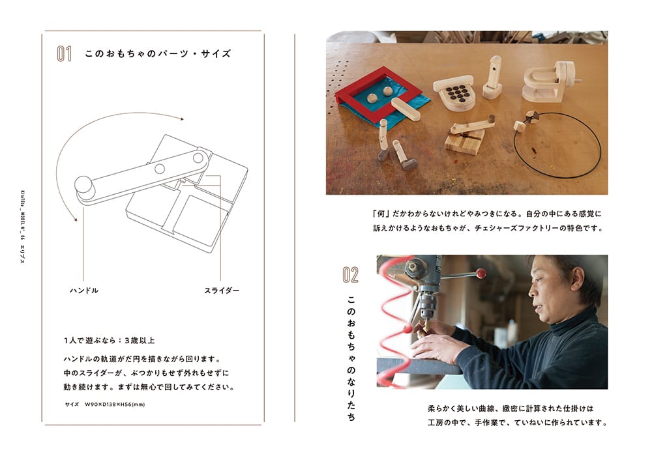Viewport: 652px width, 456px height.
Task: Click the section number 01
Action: point(65,54)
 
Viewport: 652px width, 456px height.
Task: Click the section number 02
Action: point(351,275)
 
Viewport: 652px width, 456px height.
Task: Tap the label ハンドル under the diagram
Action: point(84,291)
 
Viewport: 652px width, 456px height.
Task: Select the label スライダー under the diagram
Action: point(222,291)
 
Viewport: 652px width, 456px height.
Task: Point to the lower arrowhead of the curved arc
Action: point(75,219)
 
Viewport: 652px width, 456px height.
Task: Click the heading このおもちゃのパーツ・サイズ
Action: point(158,53)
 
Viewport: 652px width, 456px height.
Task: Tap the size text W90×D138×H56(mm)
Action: point(115,404)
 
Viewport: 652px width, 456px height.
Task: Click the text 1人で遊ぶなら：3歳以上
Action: point(109,341)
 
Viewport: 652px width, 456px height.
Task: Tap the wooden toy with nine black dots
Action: point(454,93)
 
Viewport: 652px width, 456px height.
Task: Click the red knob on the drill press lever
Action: point(481,273)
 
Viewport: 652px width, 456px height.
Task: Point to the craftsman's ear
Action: point(577,280)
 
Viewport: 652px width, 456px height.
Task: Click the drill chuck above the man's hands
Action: point(426,308)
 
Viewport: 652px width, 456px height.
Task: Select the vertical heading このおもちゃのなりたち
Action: point(351,358)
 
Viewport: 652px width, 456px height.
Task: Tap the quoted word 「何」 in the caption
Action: point(380,214)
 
